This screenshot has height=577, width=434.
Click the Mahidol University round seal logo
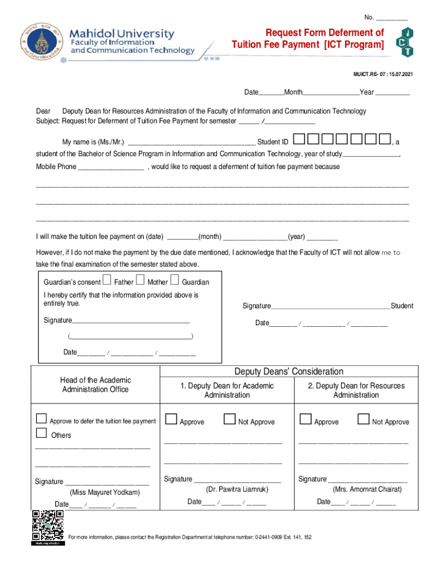40,43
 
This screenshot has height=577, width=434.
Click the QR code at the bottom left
47,527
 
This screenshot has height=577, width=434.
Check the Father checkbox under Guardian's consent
107,281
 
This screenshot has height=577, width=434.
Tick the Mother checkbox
140,281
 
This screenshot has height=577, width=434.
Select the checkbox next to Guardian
175,281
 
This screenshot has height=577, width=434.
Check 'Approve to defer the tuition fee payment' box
41,419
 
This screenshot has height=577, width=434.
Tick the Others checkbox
41,433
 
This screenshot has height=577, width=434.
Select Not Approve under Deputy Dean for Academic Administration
229,419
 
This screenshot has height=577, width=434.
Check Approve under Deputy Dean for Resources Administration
305,419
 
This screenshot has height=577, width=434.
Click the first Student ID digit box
299,139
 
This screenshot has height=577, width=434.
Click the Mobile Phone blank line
111,168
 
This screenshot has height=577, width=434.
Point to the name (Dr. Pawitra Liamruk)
237,490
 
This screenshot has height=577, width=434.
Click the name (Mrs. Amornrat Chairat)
367,490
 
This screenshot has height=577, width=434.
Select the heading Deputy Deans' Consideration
289,371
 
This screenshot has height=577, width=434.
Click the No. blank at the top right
392,18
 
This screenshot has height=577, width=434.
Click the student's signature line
330,307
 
